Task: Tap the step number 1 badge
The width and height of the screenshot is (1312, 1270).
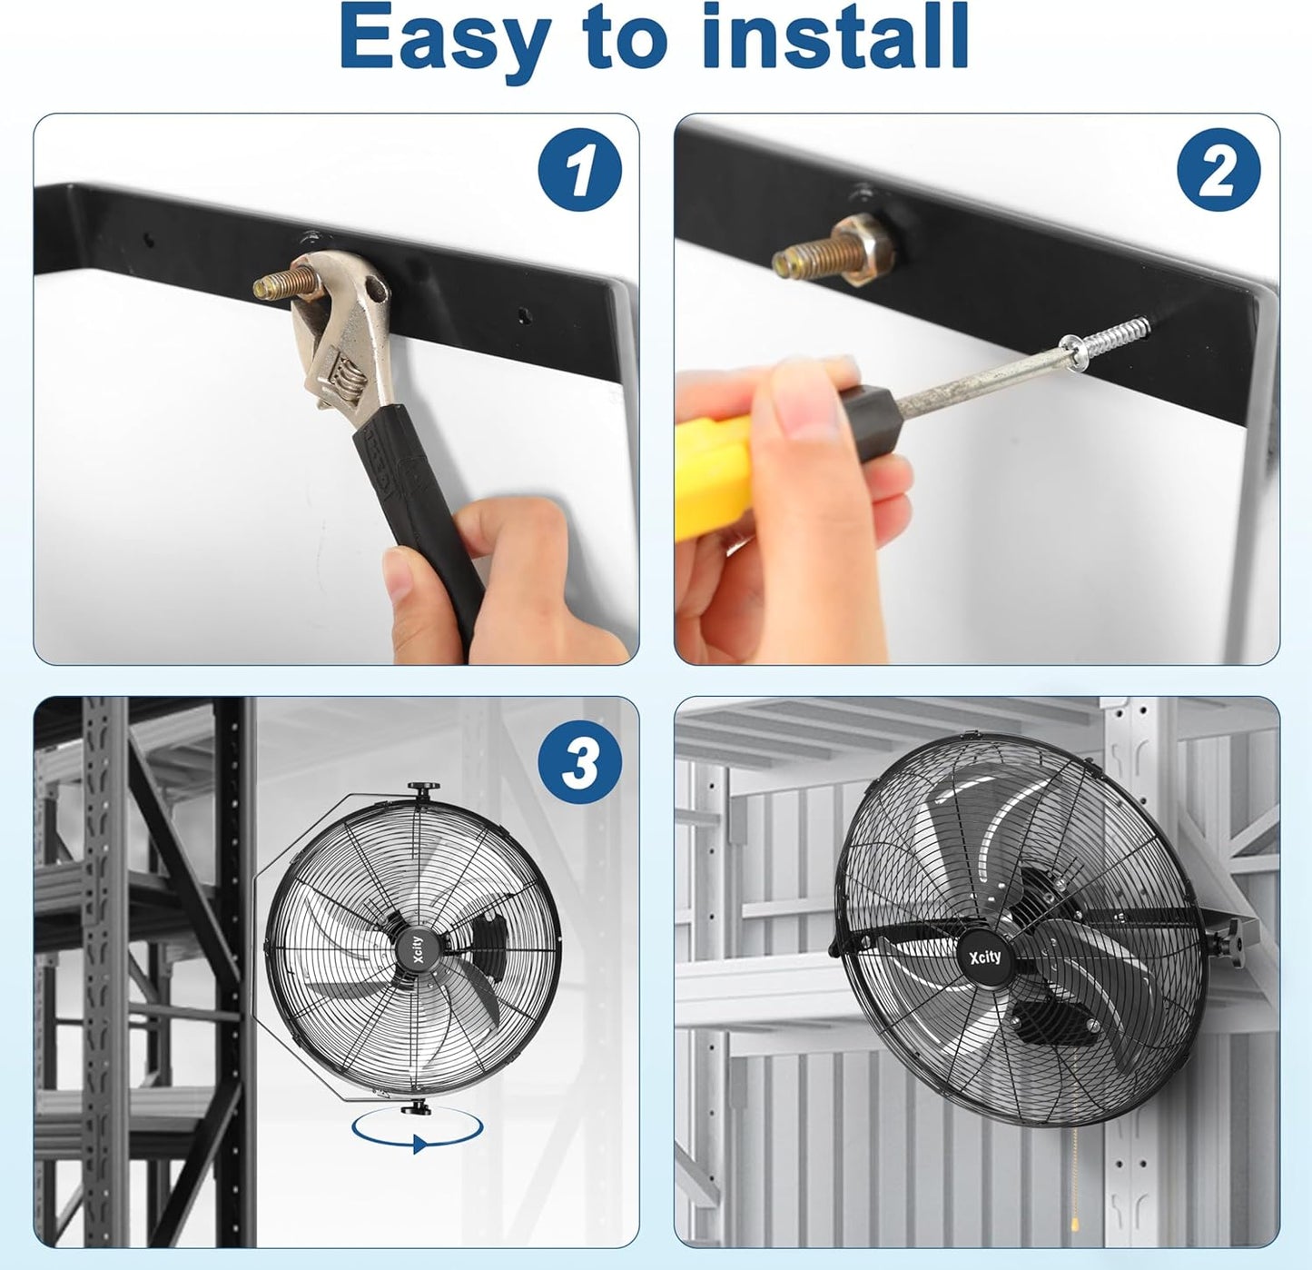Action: [579, 170]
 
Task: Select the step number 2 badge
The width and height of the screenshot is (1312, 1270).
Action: [1218, 170]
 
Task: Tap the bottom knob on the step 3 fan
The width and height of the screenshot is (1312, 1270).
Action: [418, 1106]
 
